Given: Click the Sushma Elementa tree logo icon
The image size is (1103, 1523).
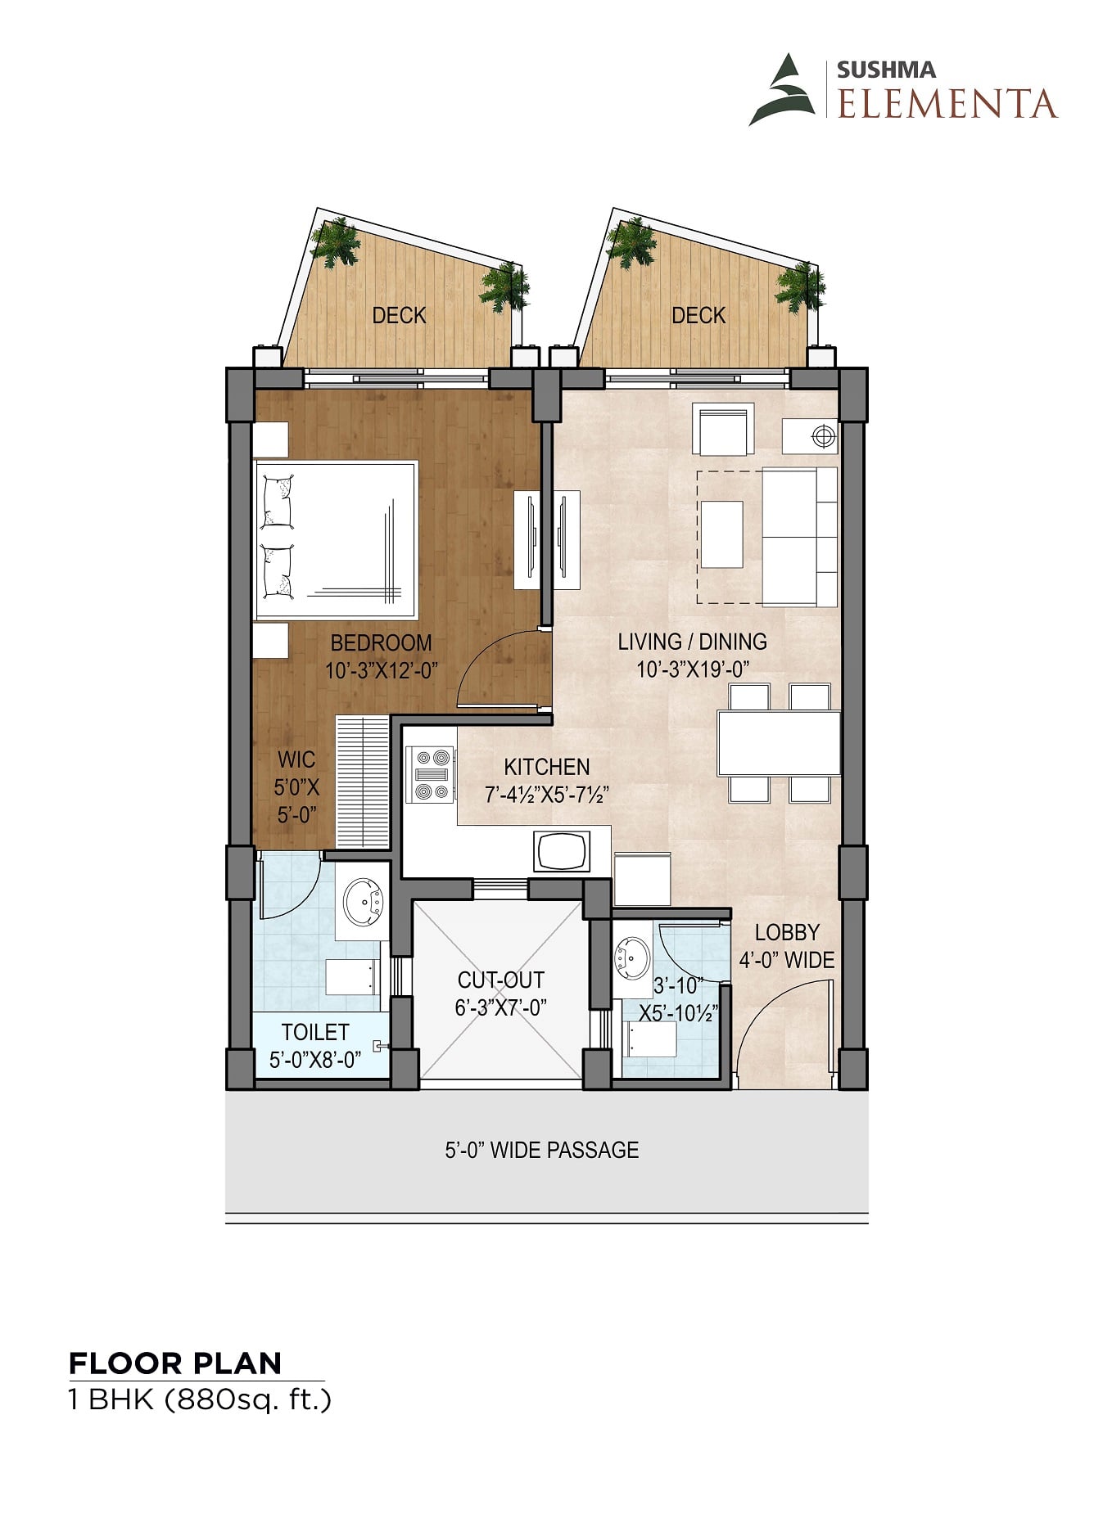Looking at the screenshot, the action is tap(782, 90).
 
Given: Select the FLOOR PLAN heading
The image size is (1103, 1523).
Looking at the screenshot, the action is tap(175, 1363).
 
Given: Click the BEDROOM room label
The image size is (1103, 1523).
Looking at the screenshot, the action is tap(381, 642).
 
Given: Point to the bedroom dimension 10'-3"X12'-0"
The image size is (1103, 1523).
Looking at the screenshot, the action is tap(382, 671).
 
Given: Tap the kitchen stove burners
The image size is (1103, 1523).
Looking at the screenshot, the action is tap(430, 773).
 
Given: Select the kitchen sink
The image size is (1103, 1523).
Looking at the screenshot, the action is tap(562, 851).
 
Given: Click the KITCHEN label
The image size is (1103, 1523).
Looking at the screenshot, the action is tap(546, 767).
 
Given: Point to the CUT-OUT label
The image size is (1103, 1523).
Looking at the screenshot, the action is tap(500, 980).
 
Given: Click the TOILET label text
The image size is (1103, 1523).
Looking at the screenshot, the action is tap(315, 1032).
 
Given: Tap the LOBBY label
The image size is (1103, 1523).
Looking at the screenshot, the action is tap(787, 932).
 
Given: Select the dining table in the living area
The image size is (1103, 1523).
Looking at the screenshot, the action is tap(779, 743).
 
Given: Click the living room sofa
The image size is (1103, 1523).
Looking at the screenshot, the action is tap(800, 537).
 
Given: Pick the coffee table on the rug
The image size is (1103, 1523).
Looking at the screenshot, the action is tap(722, 534).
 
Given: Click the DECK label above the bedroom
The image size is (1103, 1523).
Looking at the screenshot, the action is tap(399, 315).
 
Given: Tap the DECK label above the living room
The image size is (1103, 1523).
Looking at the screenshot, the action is tap(698, 315).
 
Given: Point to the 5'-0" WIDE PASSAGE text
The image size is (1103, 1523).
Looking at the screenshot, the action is tap(542, 1150).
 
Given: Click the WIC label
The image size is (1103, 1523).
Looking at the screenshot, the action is tap(296, 759).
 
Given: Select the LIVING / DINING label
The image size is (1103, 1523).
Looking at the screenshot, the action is tap(693, 642).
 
